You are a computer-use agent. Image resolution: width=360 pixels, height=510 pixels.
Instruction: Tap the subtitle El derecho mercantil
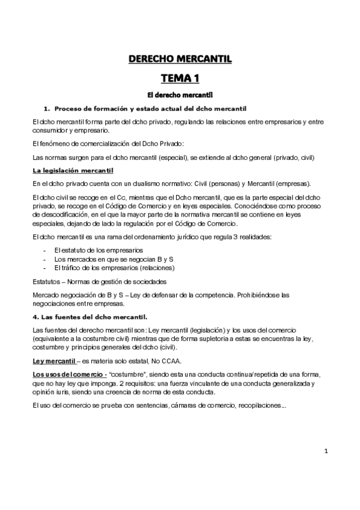(x=180, y=95)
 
